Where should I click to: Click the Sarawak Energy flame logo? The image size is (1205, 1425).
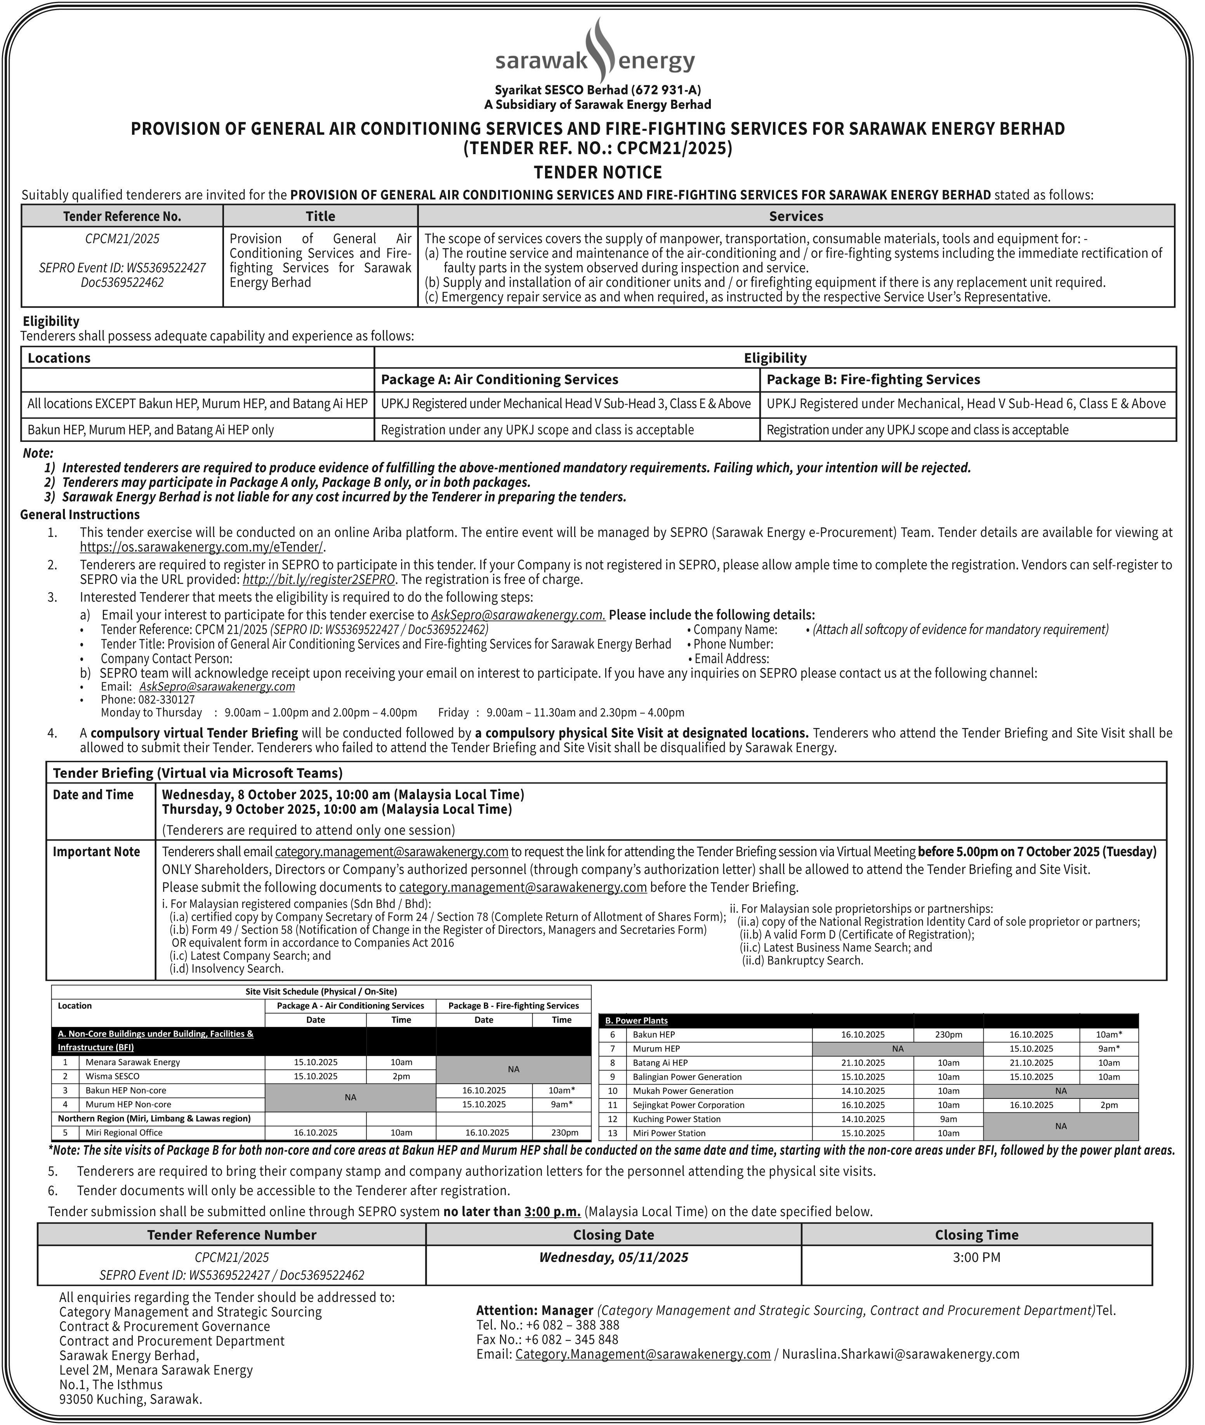(596, 49)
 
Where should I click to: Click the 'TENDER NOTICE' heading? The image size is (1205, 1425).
(598, 172)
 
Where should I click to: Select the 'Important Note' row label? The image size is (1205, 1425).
(96, 852)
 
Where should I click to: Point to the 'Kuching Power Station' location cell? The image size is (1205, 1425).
(679, 1119)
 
